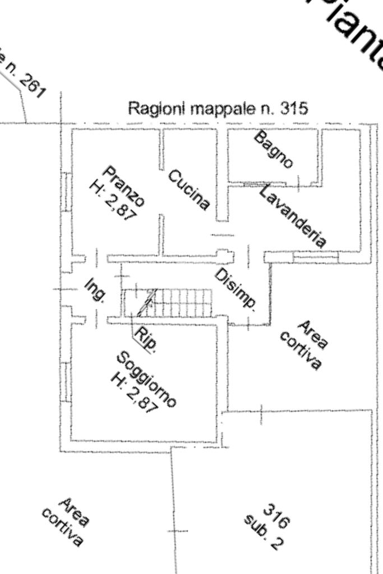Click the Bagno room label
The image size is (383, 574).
(x=273, y=149)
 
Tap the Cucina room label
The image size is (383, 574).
(x=189, y=189)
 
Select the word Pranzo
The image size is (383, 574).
(x=124, y=186)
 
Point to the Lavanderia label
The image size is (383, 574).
(x=293, y=216)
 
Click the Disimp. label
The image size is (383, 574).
(x=236, y=289)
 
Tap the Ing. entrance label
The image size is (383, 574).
(x=95, y=290)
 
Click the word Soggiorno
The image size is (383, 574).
(x=147, y=379)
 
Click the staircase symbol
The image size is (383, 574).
(x=168, y=303)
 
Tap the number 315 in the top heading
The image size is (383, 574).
(x=294, y=108)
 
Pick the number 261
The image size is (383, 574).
(x=32, y=85)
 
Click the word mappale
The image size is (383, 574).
(x=224, y=108)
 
